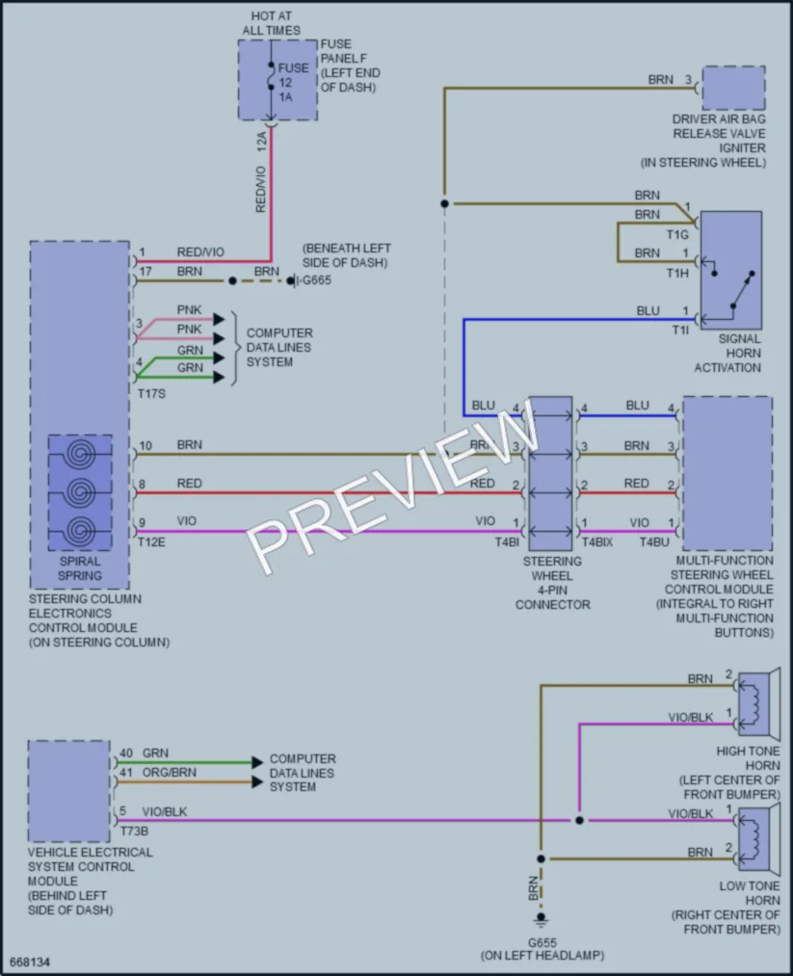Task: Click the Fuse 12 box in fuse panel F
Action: point(278,80)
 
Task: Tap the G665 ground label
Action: point(317,280)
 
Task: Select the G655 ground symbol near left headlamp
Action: point(541,918)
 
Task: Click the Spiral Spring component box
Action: point(80,492)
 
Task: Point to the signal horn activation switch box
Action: point(730,270)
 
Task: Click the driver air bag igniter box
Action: point(734,88)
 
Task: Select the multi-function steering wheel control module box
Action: point(727,473)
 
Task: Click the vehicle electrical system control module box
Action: point(69,790)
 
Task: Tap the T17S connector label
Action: point(151,393)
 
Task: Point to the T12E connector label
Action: point(151,542)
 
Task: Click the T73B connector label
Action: point(134,831)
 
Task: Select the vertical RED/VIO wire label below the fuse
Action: point(261,189)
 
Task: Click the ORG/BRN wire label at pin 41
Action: point(170,773)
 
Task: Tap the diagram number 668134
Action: point(30,962)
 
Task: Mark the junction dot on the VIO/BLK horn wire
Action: point(579,820)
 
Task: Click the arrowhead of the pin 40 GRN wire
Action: point(257,762)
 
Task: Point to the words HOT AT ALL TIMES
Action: point(272,23)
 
